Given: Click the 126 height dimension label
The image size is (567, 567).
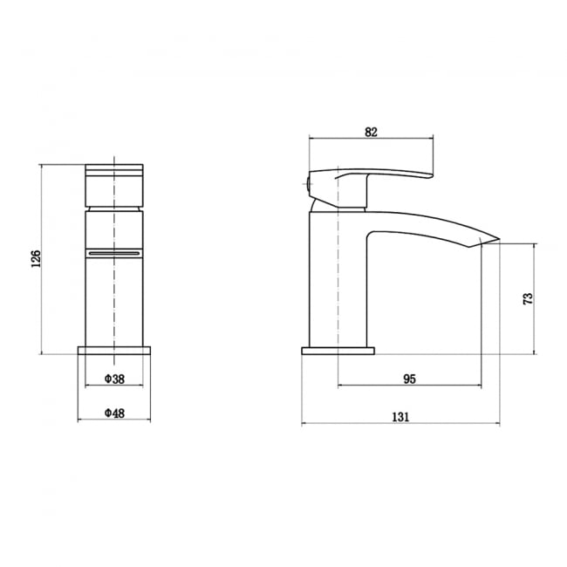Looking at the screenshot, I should click(x=36, y=259).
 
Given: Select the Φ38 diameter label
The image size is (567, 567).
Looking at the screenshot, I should click(x=114, y=379).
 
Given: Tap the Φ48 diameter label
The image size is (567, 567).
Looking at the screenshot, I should click(x=114, y=413).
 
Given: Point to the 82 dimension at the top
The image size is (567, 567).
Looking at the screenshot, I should click(x=371, y=132).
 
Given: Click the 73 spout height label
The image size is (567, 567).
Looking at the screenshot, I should click(x=527, y=299).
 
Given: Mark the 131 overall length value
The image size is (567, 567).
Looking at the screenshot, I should click(x=400, y=417).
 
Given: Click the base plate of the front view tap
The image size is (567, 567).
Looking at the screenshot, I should click(x=114, y=351).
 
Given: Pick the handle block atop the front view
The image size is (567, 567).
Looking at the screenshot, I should click(x=114, y=185).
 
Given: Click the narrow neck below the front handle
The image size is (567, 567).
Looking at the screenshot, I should click(x=114, y=210).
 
